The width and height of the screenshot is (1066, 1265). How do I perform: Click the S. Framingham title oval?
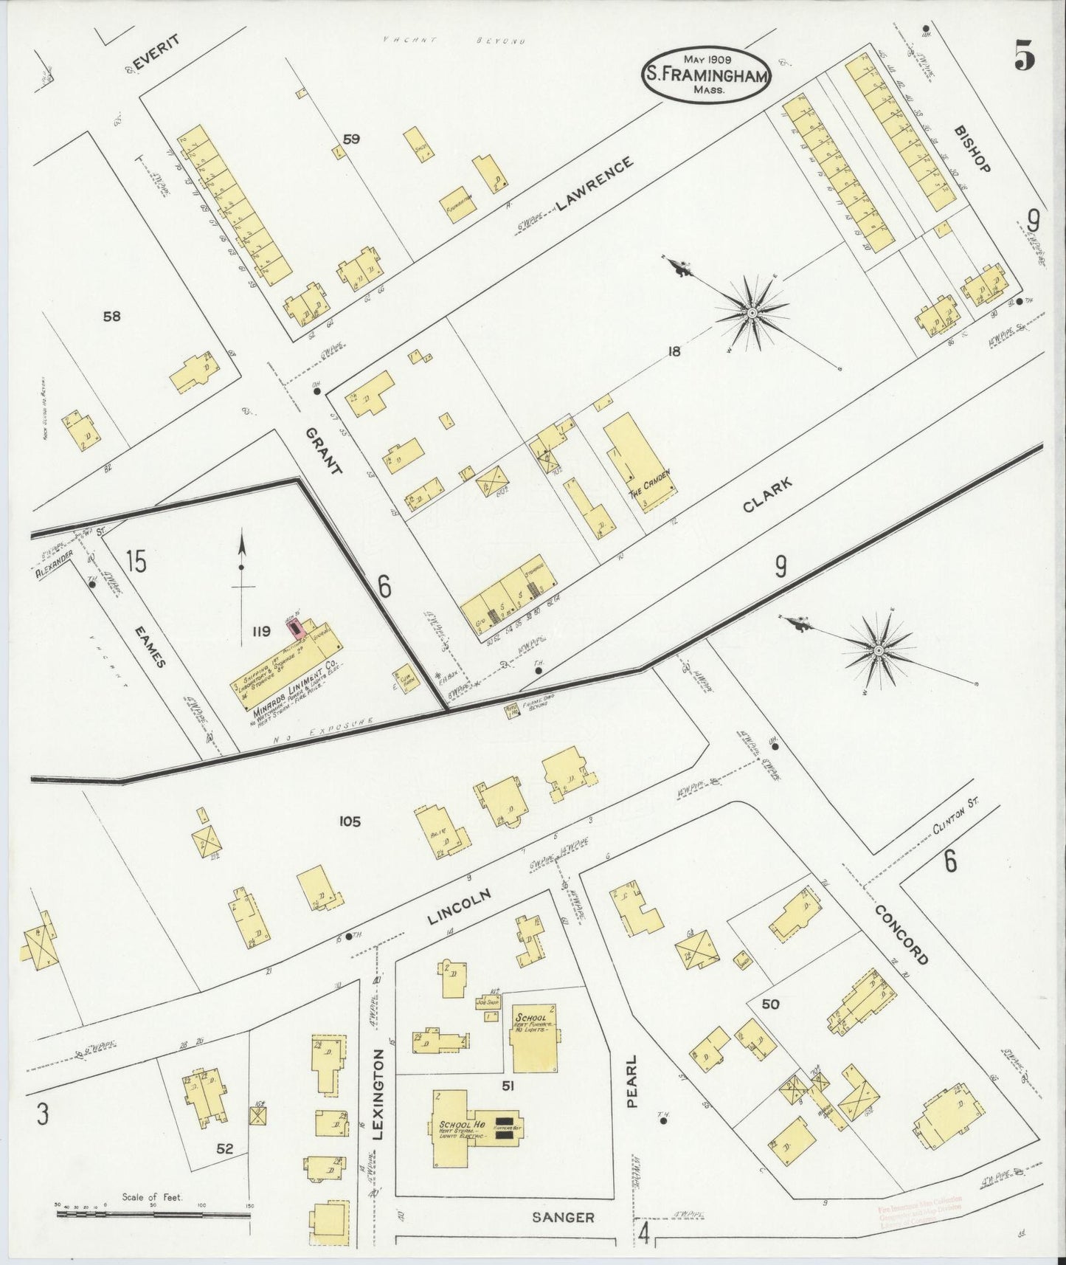tap(706, 74)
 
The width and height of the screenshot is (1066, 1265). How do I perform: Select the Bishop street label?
tap(971, 148)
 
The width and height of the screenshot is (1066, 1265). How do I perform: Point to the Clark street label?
tap(767, 495)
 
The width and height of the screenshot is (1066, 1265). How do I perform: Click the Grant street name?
tap(325, 452)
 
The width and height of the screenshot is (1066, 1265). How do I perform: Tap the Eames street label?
tap(150, 648)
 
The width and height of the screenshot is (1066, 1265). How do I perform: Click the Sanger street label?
tap(563, 1218)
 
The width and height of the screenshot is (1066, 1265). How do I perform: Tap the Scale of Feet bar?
tap(153, 1213)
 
